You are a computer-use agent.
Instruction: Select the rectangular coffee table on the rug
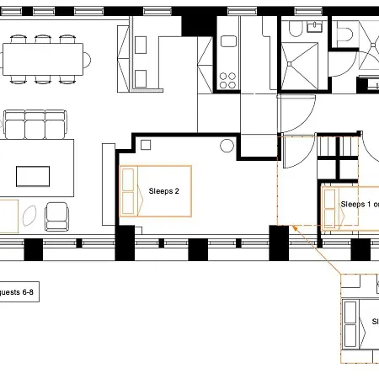(x=33, y=176)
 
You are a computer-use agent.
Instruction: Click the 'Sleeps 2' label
(x=163, y=191)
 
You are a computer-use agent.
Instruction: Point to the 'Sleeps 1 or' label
(x=359, y=204)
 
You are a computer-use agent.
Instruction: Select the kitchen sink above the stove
(x=228, y=40)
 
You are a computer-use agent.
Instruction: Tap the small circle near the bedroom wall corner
(x=227, y=146)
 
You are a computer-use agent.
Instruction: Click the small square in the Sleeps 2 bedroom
(x=146, y=145)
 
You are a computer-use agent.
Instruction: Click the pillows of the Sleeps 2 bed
(x=128, y=191)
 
